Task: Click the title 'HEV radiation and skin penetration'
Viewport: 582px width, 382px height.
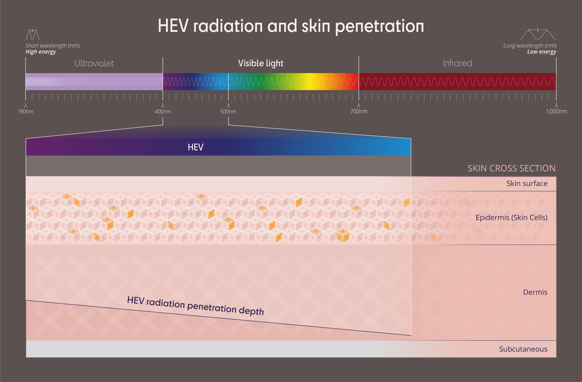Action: pos(291,26)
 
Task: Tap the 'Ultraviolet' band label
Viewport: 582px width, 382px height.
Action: pos(94,63)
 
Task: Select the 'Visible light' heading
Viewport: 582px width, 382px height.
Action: pos(261,63)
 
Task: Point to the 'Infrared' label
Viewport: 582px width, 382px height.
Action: pos(457,63)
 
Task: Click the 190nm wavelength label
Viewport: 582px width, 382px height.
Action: pos(26,112)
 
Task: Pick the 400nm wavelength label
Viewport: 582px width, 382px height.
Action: pos(163,112)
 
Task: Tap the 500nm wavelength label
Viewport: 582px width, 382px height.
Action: pos(228,112)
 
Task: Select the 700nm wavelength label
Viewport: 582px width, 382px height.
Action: pos(358,112)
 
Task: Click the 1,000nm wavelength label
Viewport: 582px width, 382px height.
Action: pos(556,112)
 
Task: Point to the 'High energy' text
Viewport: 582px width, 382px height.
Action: pos(41,52)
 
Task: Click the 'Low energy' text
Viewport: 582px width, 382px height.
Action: pos(541,52)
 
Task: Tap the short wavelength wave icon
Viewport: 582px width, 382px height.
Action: pos(33,35)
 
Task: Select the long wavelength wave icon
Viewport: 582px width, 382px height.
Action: pos(538,34)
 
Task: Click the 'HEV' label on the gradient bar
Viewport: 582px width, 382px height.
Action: pos(196,147)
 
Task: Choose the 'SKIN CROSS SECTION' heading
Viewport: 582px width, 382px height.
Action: pos(511,168)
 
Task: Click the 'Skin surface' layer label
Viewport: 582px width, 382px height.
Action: pos(527,184)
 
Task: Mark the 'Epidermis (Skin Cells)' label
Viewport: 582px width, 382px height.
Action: pos(511,218)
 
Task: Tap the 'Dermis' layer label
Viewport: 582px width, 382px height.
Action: pos(535,292)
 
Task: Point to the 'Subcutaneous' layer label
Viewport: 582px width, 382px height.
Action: pos(523,349)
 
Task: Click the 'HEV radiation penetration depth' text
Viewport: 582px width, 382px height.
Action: pos(196,306)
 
